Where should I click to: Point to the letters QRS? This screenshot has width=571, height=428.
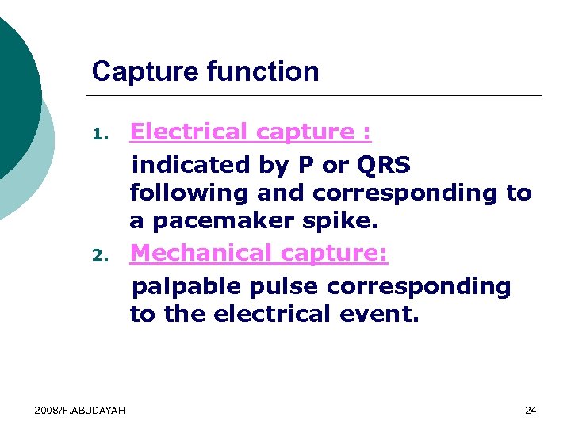pyautogui.click(x=384, y=165)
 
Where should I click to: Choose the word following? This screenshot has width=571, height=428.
pyautogui.click(x=189, y=193)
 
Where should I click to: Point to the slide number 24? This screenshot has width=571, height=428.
pyautogui.click(x=531, y=410)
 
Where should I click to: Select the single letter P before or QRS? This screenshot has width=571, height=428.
pyautogui.click(x=305, y=165)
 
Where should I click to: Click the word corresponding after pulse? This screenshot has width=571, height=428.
pyautogui.click(x=420, y=285)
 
